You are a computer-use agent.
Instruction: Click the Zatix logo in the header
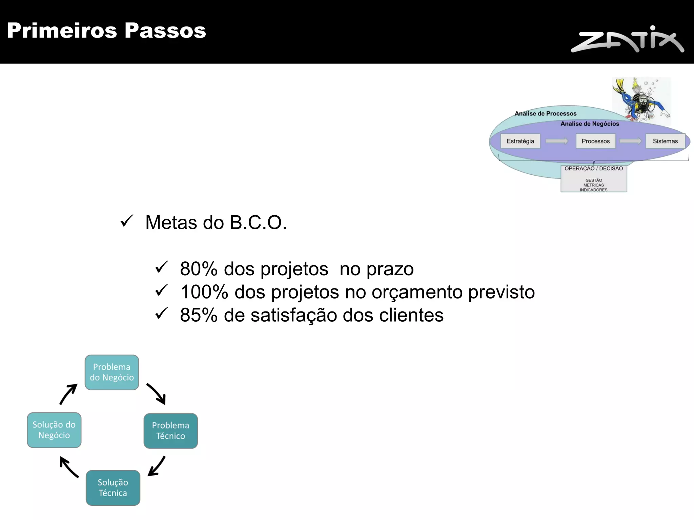pyautogui.click(x=627, y=40)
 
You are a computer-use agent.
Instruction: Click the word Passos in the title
pyautogui.click(x=165, y=30)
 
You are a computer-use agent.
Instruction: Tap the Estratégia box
pyautogui.click(x=520, y=141)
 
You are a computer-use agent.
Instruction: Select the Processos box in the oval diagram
pyautogui.click(x=595, y=141)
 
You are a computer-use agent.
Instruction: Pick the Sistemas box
pyautogui.click(x=665, y=141)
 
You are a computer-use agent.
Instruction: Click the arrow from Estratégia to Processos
pyautogui.click(x=557, y=141)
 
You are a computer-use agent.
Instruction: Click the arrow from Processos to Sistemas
pyautogui.click(x=630, y=141)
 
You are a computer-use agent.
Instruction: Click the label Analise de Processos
pyautogui.click(x=545, y=114)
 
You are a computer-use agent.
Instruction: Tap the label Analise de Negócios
pyautogui.click(x=590, y=124)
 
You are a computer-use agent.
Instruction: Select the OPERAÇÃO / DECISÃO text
pyautogui.click(x=594, y=169)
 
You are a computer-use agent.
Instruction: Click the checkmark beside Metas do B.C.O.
pyautogui.click(x=127, y=221)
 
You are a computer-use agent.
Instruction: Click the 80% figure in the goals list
pyautogui.click(x=199, y=269)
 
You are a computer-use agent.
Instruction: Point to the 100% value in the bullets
pyautogui.click(x=204, y=292)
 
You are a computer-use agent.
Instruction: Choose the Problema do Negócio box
pyautogui.click(x=112, y=372)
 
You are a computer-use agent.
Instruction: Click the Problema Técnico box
pyautogui.click(x=170, y=431)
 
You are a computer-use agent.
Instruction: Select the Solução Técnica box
pyautogui.click(x=113, y=488)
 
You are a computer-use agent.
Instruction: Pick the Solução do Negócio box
pyautogui.click(x=54, y=430)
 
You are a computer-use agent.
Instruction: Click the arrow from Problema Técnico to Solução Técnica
pyautogui.click(x=157, y=466)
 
